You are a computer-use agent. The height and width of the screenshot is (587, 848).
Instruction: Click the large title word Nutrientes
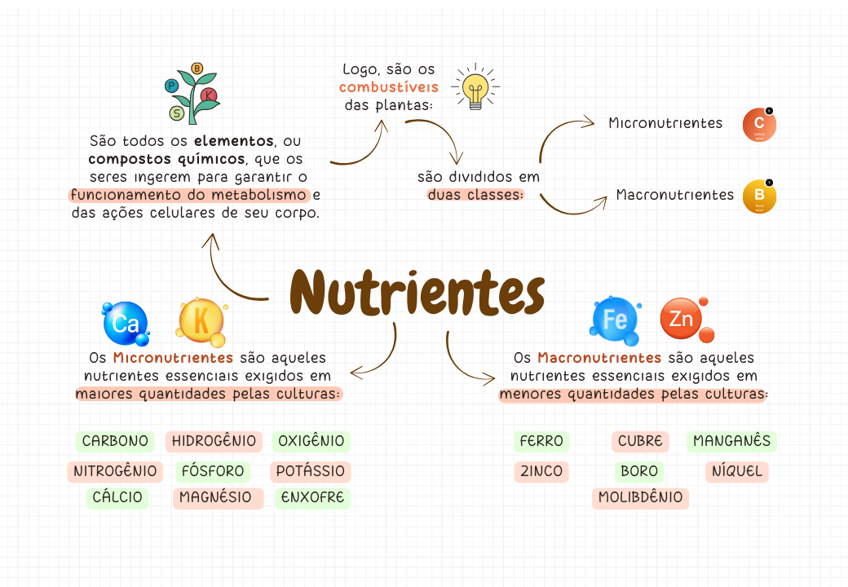[x=417, y=293]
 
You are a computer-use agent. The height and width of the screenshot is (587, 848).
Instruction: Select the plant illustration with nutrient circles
[x=193, y=93]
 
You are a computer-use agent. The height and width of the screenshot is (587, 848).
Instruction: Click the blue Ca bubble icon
[x=126, y=324]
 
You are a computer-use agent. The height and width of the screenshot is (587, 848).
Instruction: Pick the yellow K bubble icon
[x=201, y=320]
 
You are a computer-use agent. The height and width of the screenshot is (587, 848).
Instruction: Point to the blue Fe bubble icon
[x=615, y=318]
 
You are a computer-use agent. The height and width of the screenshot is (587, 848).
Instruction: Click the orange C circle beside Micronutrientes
[x=759, y=125]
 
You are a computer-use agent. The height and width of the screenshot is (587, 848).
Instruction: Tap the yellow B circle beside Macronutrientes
[x=759, y=196]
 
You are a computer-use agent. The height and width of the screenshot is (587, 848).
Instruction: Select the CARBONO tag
[x=115, y=442]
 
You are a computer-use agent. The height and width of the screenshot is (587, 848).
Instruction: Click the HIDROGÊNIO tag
[x=214, y=442]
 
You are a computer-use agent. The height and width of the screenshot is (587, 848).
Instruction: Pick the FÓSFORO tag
[x=213, y=471]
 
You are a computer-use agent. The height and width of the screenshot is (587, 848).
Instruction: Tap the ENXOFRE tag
[x=312, y=497]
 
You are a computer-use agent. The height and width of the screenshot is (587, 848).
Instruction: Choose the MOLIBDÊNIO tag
[x=640, y=497]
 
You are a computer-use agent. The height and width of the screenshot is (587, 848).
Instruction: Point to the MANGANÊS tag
[x=731, y=442]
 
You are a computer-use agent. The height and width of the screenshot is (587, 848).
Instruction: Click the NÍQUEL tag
[x=736, y=471]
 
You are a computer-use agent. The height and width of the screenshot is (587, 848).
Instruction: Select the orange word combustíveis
[x=388, y=87]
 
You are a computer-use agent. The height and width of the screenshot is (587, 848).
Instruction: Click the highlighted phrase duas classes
[x=475, y=195]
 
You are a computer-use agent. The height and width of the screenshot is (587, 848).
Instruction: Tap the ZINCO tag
[x=541, y=471]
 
